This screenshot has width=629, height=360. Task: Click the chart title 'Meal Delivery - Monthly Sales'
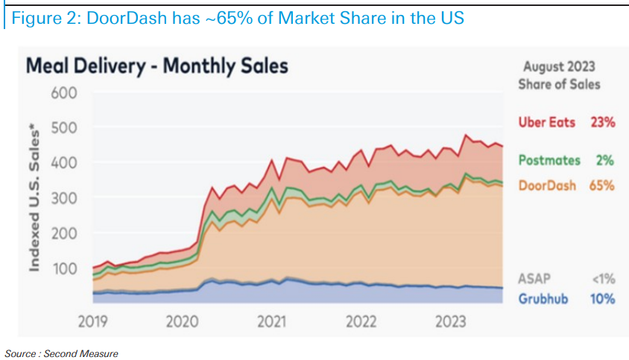click(157, 66)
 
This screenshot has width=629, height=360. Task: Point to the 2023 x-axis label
click(452, 322)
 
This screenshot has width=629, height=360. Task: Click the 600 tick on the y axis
click(64, 93)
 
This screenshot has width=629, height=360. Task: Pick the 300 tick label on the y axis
click(64, 198)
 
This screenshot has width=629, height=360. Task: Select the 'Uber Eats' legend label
click(546, 122)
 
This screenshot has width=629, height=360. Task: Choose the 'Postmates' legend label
click(546, 160)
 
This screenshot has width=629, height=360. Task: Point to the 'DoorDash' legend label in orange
click(546, 185)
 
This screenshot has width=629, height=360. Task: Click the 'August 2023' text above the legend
click(559, 67)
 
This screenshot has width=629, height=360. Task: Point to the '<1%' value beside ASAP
click(603, 279)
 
